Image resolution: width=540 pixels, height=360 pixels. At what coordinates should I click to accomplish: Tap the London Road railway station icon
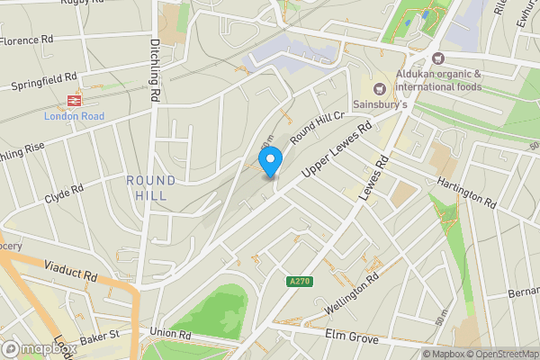point(74,100)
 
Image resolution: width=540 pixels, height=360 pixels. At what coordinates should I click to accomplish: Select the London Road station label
point(74,116)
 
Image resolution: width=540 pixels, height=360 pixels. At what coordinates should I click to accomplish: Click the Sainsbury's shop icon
point(378,88)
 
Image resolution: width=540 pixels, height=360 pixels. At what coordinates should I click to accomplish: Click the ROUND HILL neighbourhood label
point(151,188)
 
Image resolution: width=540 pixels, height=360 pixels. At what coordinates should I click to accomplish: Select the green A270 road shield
point(301,282)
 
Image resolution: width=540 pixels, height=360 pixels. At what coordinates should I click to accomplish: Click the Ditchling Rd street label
point(155,68)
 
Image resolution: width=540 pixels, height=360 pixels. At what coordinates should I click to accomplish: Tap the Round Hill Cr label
point(318,126)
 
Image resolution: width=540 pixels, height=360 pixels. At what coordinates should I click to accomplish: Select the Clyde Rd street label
point(64,193)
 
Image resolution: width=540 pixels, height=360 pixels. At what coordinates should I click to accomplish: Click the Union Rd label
point(172,334)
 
